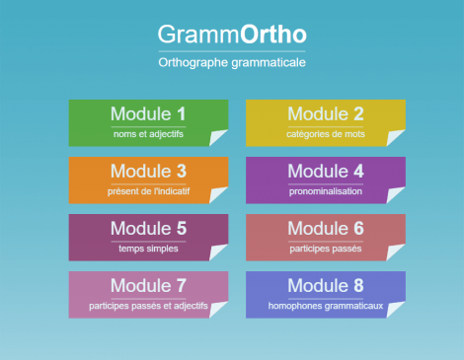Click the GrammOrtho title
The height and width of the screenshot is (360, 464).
click(231, 35)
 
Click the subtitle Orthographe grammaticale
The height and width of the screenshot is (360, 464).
click(231, 62)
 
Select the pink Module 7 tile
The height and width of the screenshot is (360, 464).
click(148, 294)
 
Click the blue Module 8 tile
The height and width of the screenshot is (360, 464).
click(326, 294)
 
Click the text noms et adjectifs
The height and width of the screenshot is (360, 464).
click(148, 134)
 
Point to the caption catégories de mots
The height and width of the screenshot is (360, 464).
click(326, 134)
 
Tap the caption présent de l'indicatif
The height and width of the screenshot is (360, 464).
click(148, 191)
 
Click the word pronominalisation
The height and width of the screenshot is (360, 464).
click(326, 191)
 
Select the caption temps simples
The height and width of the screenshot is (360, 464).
click(148, 249)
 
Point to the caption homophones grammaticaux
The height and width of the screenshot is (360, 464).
click(326, 306)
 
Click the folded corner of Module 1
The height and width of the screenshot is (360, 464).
click(220, 138)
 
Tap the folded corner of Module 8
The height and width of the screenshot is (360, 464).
click(397, 310)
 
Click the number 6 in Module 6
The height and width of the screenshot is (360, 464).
click(358, 229)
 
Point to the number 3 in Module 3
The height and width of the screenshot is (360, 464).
click(181, 172)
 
